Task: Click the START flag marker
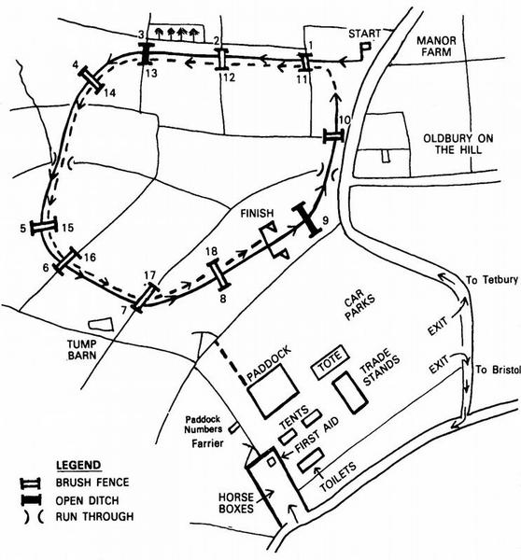pos(365,48)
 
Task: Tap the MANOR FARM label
pos(436,46)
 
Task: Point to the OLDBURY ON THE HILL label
pos(458,144)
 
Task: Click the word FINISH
pos(257,214)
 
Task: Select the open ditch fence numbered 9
pos(306,219)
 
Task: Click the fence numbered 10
pos(333,136)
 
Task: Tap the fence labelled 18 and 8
pos(218,273)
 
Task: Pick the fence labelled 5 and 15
pos(44,227)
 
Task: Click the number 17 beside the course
pos(150,275)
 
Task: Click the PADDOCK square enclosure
pos(274,391)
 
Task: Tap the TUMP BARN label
pos(82,350)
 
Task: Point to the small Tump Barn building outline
pos(101,324)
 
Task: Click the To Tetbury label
pos(492,280)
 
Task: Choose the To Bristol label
pos(498,370)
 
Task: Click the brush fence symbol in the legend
pos(31,483)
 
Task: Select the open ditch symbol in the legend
pos(31,500)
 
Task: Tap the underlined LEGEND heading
pos(78,466)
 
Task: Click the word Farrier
pos(207,443)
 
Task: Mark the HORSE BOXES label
pos(236,503)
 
